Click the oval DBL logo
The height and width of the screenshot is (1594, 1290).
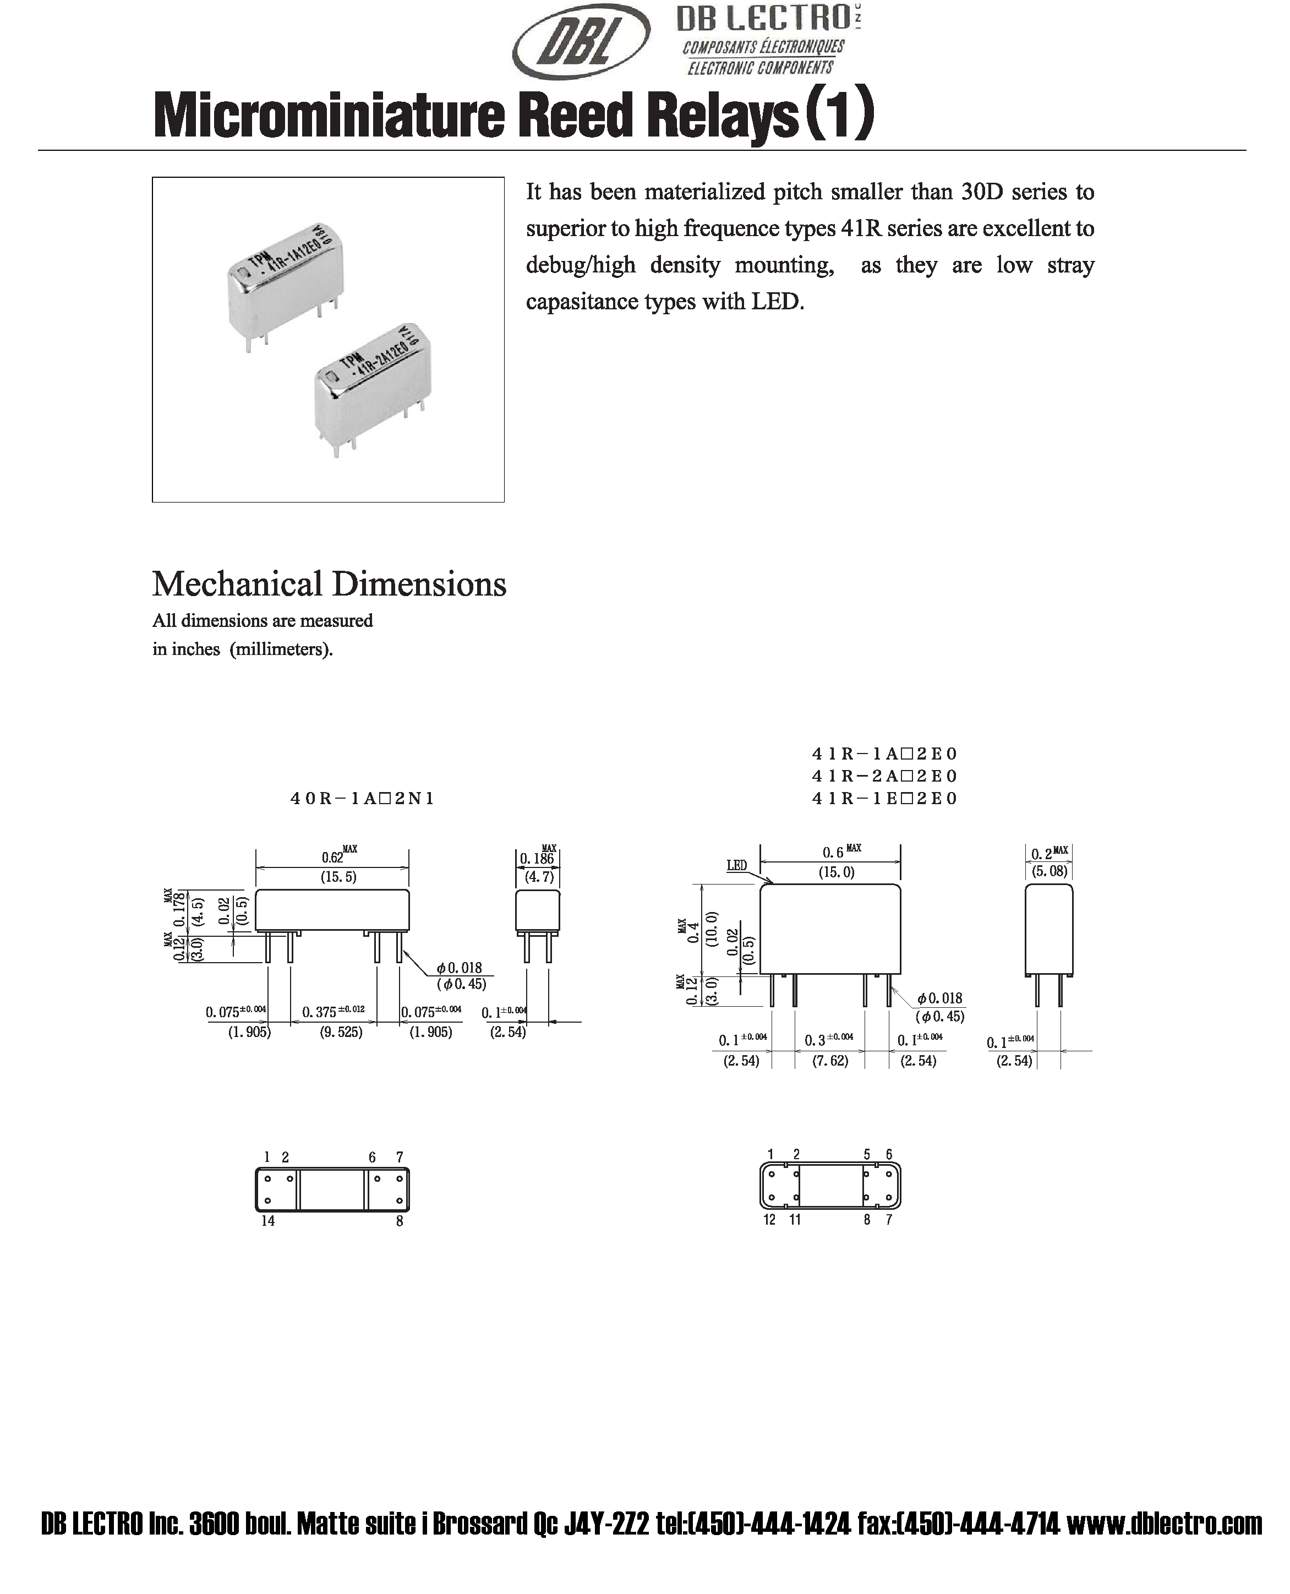pyautogui.click(x=581, y=47)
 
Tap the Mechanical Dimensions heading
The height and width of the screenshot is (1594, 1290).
pyautogui.click(x=329, y=584)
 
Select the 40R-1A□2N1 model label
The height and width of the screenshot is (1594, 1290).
pyautogui.click(x=362, y=799)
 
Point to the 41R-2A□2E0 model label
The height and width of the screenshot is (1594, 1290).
pyautogui.click(x=884, y=776)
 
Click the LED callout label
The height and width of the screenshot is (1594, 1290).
pyautogui.click(x=736, y=865)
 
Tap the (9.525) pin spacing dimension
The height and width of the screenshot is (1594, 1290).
pyautogui.click(x=341, y=1032)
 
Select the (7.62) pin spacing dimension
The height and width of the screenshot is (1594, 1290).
pyautogui.click(x=830, y=1061)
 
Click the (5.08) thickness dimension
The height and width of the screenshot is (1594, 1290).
pyautogui.click(x=1050, y=871)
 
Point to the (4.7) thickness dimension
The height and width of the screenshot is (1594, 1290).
pyautogui.click(x=539, y=877)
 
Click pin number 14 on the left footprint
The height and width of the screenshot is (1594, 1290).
pyautogui.click(x=267, y=1221)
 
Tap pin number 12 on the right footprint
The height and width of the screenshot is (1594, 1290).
pyautogui.click(x=769, y=1220)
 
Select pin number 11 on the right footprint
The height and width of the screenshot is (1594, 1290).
pyautogui.click(x=795, y=1220)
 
